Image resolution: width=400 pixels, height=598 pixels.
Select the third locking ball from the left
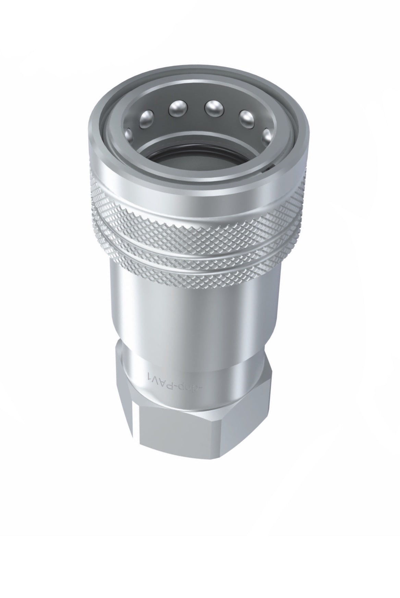177,109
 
